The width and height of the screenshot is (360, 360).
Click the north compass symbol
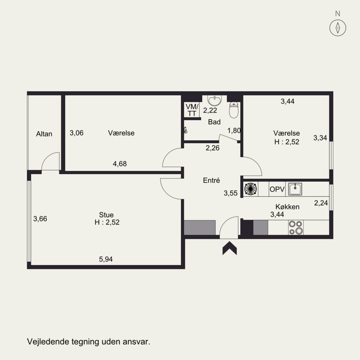(337, 28)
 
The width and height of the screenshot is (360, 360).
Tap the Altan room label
(44, 134)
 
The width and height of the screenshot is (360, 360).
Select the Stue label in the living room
(106, 215)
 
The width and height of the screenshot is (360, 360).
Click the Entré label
(211, 180)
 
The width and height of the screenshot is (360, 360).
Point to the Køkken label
(288, 207)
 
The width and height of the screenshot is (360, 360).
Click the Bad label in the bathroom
(214, 122)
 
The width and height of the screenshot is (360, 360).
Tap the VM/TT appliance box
(192, 110)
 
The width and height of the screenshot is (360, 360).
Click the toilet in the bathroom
(234, 110)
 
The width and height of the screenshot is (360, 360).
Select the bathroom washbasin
(215, 100)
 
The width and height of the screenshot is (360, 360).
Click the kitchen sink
(295, 189)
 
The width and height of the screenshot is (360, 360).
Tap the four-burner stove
(296, 227)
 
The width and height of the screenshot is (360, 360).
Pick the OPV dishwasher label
(277, 189)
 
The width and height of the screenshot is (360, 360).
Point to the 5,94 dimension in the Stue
(106, 259)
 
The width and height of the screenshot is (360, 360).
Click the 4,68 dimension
(120, 164)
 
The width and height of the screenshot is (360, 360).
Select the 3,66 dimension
(40, 219)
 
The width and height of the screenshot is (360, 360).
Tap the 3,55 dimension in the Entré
(230, 193)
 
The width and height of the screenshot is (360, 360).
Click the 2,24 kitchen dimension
(321, 203)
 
